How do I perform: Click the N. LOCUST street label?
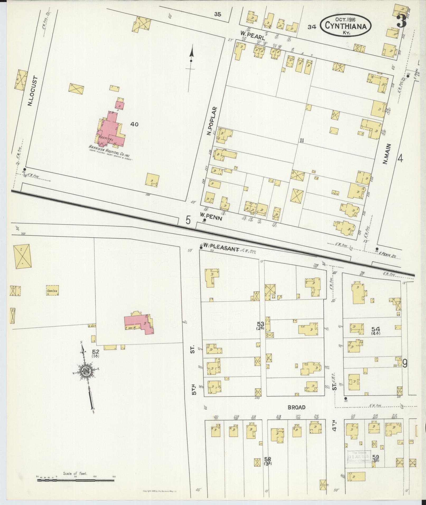[x=33, y=91]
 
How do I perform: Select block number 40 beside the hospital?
[x=134, y=124]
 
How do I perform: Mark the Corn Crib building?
[x=53, y=290]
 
